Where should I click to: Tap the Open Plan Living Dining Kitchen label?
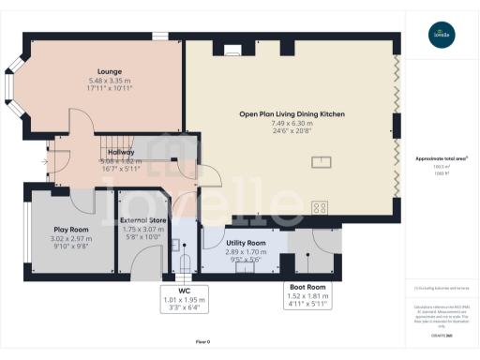pyautogui.click(x=292, y=113)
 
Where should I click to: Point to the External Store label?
pyautogui.click(x=143, y=220)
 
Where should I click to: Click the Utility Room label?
pyautogui.click(x=247, y=243)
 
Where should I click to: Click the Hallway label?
pyautogui.click(x=121, y=152)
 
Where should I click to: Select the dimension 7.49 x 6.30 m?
pyautogui.click(x=292, y=123)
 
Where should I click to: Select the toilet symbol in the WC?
pyautogui.click(x=185, y=260)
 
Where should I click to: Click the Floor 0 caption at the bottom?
pyautogui.click(x=202, y=342)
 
